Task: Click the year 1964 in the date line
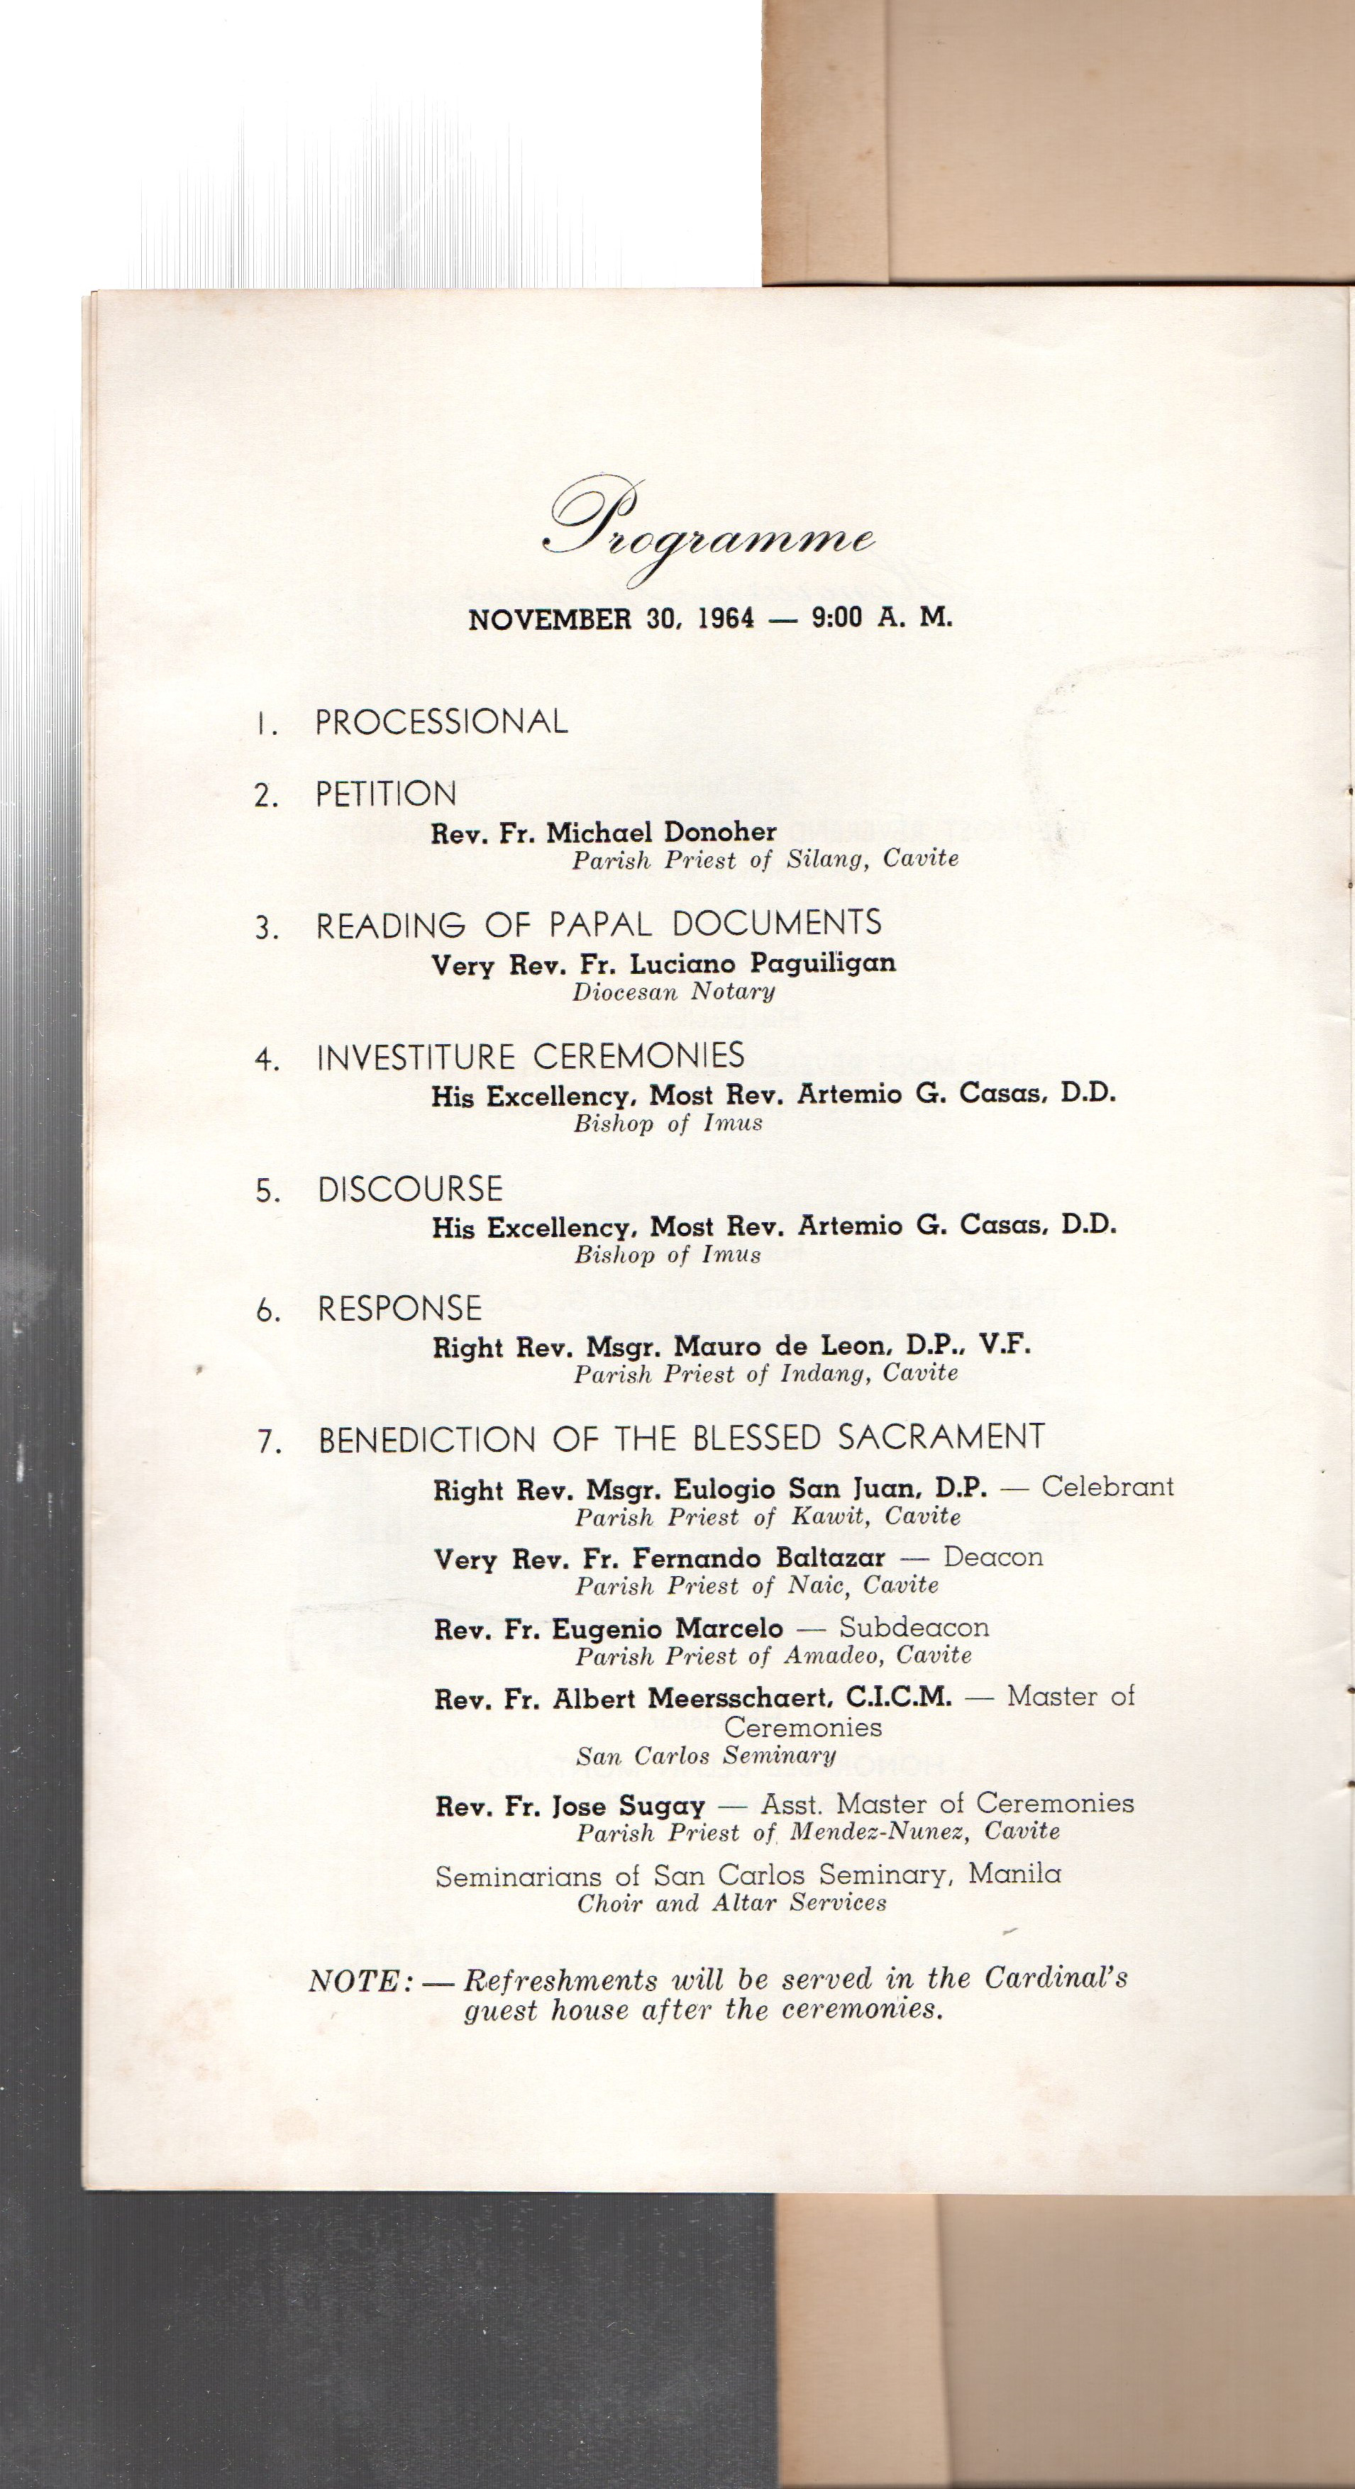[x=725, y=619]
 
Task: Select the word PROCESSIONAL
[x=442, y=722]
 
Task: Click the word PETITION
[x=386, y=794]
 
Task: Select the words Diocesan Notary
[x=674, y=992]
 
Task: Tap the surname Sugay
[x=659, y=1805]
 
